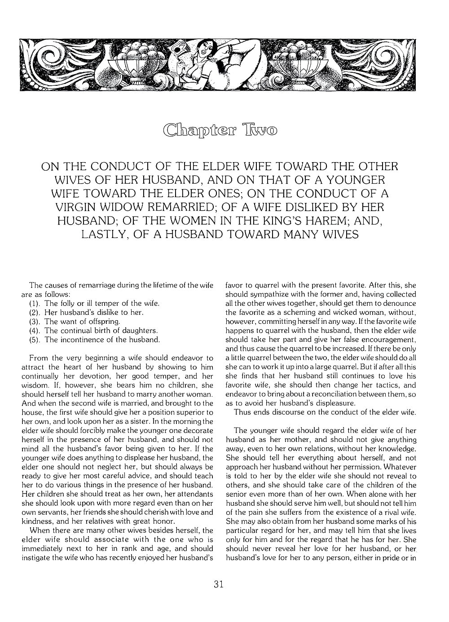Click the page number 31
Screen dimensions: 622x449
(219, 584)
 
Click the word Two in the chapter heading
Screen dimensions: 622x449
(260, 130)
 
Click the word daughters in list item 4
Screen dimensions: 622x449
(139, 331)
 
